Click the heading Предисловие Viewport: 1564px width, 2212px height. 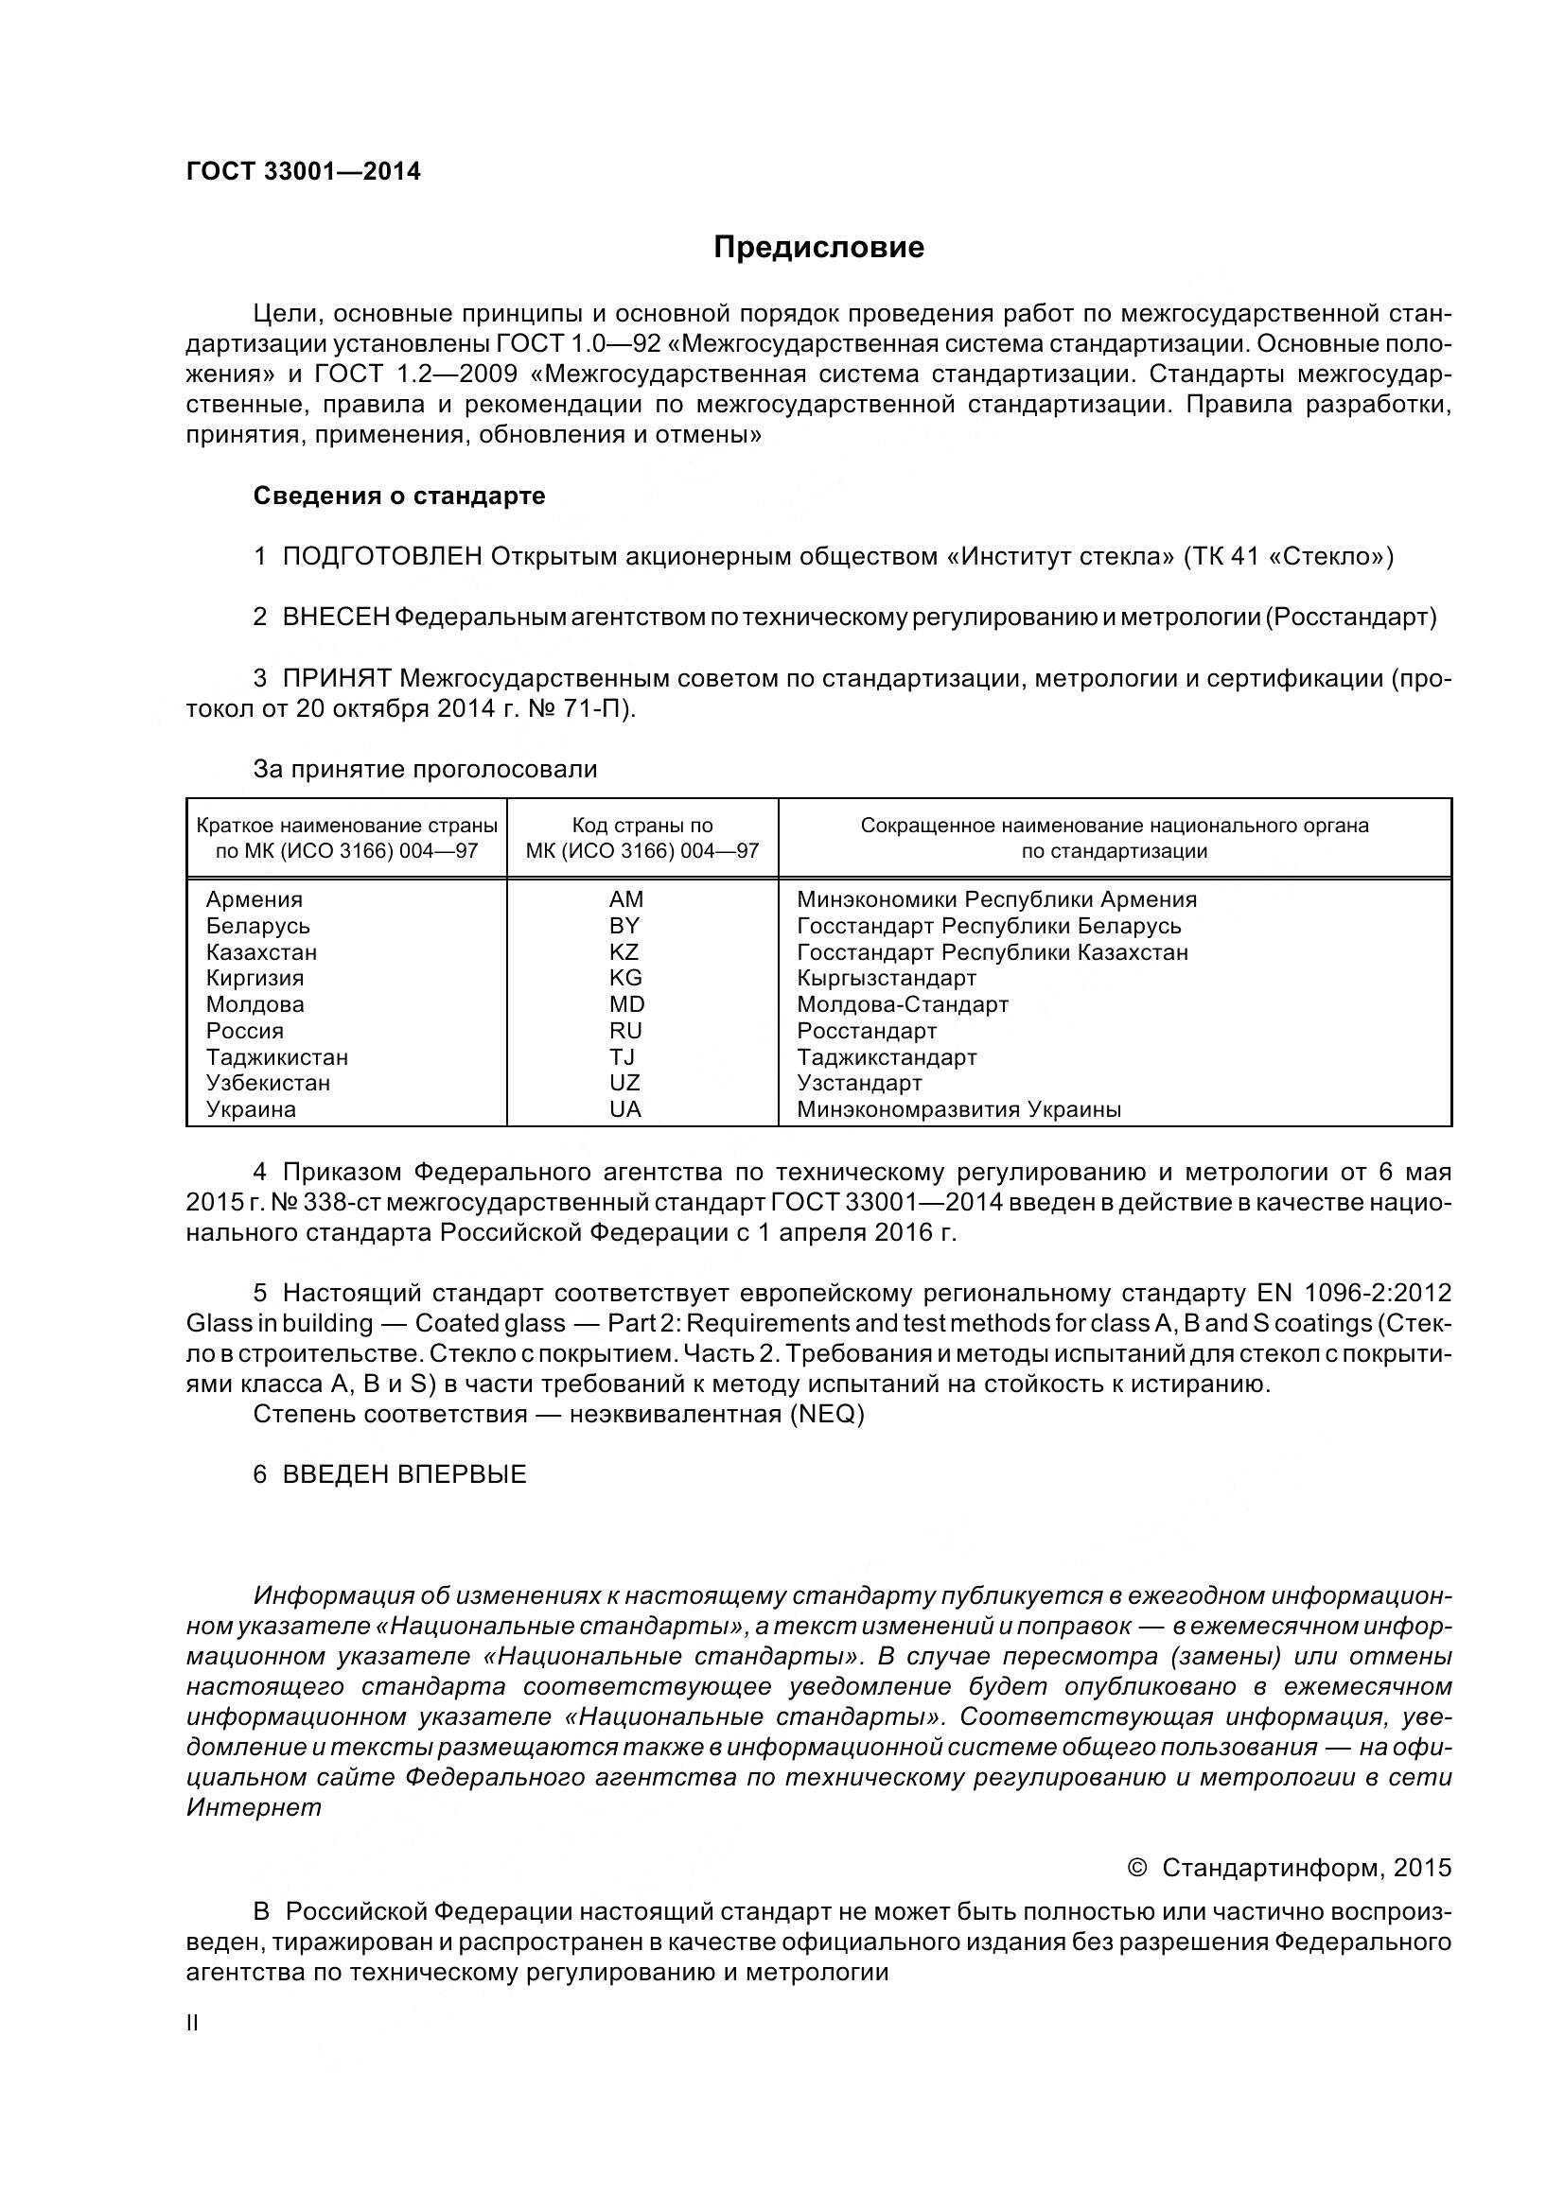818,249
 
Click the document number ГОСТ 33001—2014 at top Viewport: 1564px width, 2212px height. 304,172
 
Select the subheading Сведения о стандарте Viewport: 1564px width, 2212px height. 399,496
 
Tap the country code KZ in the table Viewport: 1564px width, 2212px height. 624,952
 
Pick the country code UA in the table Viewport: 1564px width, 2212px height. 625,1109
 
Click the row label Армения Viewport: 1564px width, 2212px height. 255,899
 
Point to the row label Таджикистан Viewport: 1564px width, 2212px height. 277,1057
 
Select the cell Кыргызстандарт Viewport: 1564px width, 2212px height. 887,978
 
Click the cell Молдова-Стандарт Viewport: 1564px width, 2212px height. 902,1004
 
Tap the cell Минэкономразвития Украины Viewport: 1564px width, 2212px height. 958,1109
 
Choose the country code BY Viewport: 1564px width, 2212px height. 624,926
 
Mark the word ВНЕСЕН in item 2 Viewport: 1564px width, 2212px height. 335,618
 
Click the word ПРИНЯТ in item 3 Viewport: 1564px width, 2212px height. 336,679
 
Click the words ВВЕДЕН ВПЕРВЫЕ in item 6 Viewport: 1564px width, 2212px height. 404,1475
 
